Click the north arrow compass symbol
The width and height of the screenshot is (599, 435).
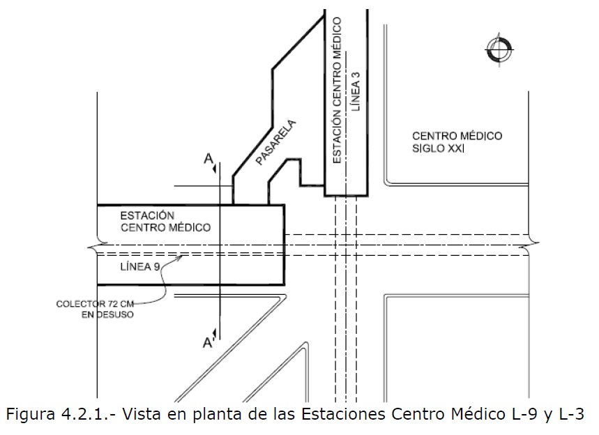click(x=499, y=49)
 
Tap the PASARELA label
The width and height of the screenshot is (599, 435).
click(x=275, y=142)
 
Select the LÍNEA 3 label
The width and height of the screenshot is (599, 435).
click(x=356, y=91)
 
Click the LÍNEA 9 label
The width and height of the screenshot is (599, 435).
click(x=140, y=266)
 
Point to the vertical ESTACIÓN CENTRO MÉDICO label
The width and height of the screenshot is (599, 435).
click(x=337, y=90)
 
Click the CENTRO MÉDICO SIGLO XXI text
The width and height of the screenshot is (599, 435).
click(x=457, y=142)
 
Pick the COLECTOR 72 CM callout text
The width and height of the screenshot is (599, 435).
click(x=95, y=304)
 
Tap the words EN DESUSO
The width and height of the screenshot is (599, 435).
click(x=107, y=314)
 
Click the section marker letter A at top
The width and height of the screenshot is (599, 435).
click(x=208, y=158)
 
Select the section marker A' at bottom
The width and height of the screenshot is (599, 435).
click(x=209, y=343)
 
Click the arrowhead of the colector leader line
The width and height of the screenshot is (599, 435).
click(x=181, y=257)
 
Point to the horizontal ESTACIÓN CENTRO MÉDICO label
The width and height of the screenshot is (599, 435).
click(x=165, y=222)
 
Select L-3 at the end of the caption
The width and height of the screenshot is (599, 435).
click(x=572, y=414)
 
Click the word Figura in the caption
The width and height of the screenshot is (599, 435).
click(x=31, y=415)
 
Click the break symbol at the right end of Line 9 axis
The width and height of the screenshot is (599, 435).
click(x=529, y=245)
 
